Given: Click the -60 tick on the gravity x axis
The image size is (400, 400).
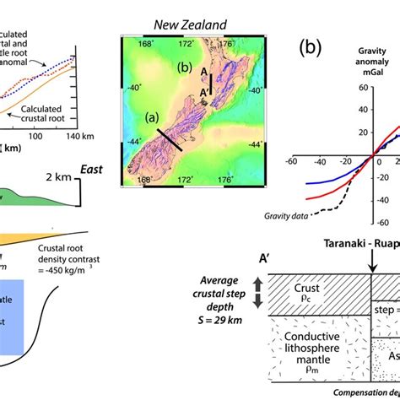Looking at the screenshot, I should pos(291,160).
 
